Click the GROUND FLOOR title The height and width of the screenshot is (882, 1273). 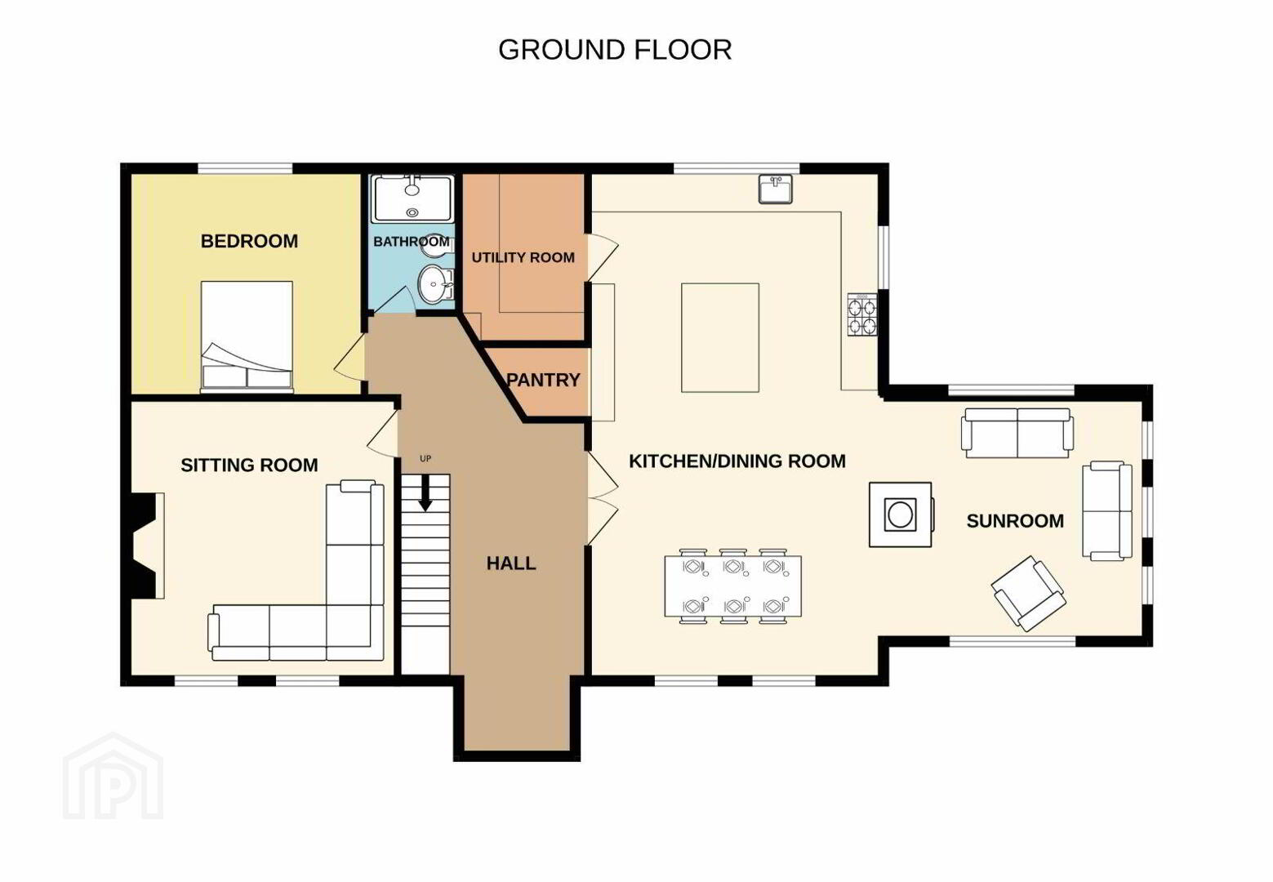(x=615, y=50)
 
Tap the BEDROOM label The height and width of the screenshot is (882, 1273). (x=250, y=241)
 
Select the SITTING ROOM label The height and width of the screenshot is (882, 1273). (x=250, y=465)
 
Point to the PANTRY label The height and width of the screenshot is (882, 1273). (x=543, y=380)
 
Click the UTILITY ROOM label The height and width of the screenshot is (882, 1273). (x=523, y=257)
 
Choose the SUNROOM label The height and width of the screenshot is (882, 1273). (x=1015, y=520)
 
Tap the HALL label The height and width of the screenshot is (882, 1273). (x=511, y=563)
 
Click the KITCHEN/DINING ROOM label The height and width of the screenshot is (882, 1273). (x=737, y=461)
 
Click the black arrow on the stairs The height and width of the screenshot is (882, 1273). (x=425, y=492)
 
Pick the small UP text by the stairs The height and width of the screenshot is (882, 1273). (x=425, y=459)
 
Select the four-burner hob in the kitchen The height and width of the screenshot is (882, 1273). (x=862, y=314)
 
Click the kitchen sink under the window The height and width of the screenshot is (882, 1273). (x=776, y=189)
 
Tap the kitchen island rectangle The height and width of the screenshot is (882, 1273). (x=720, y=337)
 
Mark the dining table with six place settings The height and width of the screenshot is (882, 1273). (x=733, y=586)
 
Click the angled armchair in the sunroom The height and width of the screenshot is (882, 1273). (x=1029, y=593)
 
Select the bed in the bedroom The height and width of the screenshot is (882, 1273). (x=247, y=336)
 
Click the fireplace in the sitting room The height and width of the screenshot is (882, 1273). (x=145, y=546)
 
